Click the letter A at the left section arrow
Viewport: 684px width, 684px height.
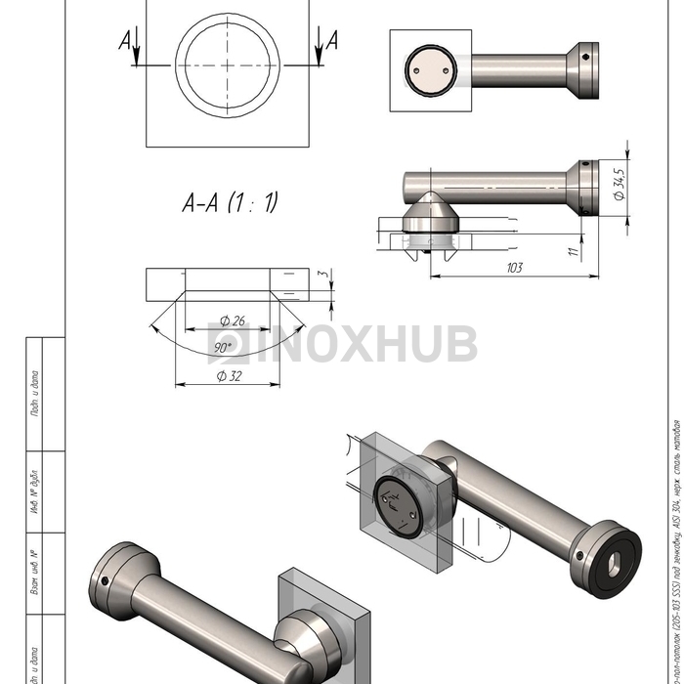124,39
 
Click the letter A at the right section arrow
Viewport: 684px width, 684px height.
332,40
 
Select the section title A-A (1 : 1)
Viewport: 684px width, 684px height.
231,202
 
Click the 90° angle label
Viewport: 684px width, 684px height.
223,347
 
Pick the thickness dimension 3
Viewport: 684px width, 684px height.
331,276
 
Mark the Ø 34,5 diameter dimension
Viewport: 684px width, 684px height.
620,185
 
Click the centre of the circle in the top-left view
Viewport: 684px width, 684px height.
228,65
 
